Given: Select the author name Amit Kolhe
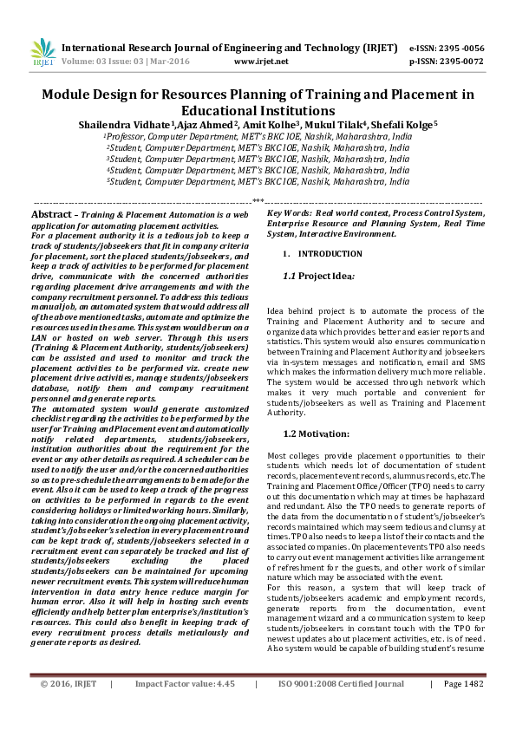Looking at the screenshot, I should [x=266, y=125].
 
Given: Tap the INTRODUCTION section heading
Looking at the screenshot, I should [x=330, y=254].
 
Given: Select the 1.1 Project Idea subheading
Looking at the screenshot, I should [x=318, y=276].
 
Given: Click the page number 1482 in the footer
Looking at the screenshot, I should [x=474, y=707].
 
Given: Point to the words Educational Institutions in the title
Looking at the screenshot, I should [x=258, y=111].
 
